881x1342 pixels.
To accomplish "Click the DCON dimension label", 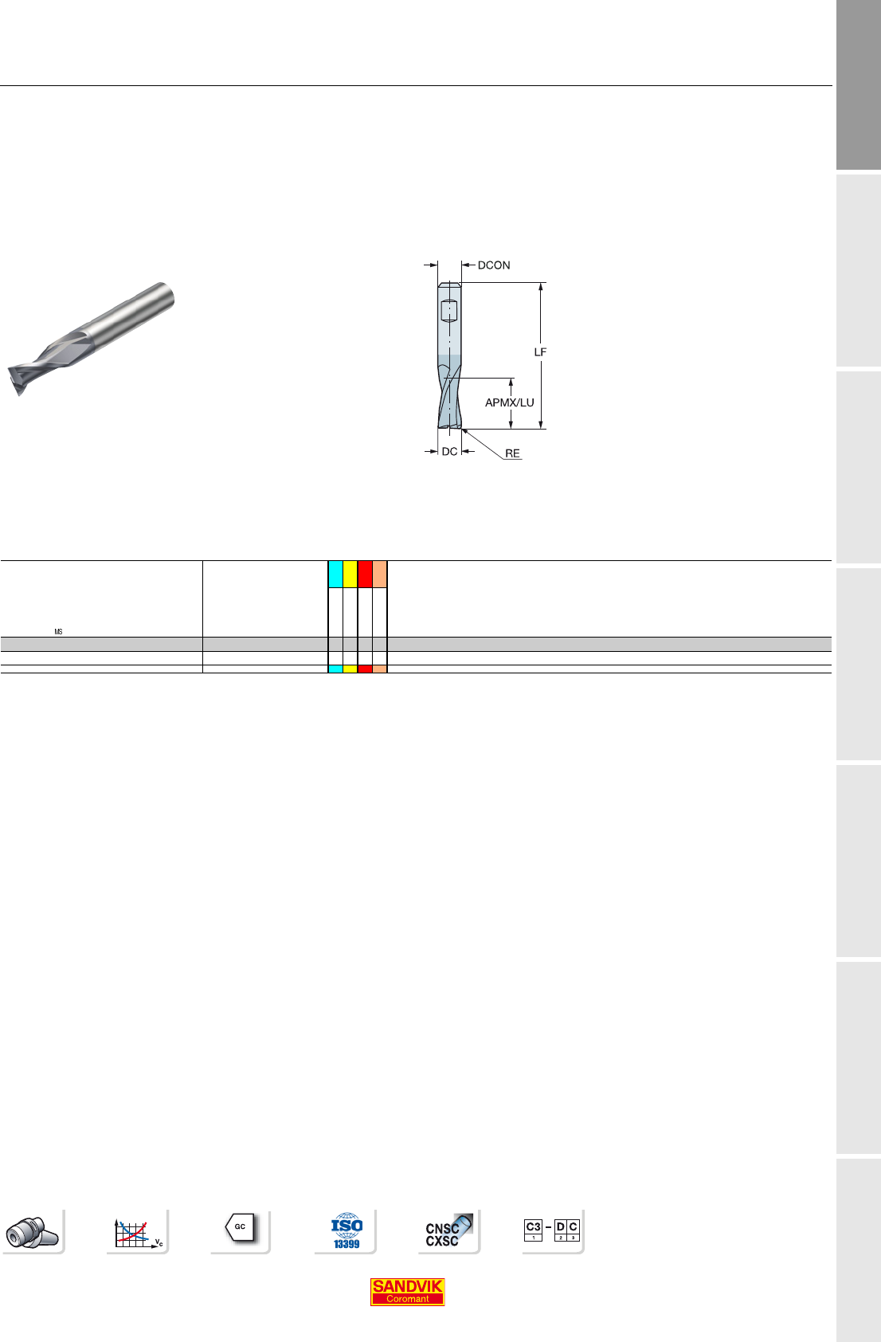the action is pos(494,265).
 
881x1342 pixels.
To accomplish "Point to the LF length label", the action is pos(540,352).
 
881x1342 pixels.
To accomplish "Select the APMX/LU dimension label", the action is pos(509,402).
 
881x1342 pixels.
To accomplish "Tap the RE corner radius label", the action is pos(513,453).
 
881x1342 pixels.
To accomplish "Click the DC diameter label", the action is pos(449,451).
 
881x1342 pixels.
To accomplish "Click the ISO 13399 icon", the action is pos(347,1230).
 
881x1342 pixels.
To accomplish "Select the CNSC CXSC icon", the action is pos(448,1230).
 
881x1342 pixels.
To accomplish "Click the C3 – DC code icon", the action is pos(551,1230).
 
